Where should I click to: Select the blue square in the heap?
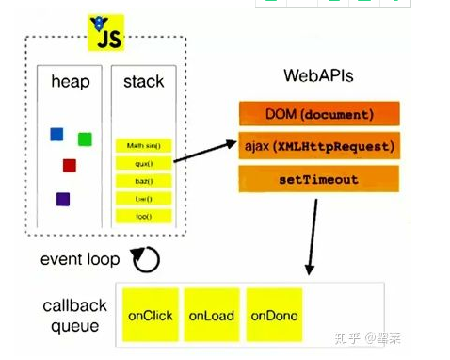[56, 134]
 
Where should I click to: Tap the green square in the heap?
[85, 139]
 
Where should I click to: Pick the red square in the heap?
[69, 166]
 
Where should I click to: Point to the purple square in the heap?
[62, 199]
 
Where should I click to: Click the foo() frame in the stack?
[144, 216]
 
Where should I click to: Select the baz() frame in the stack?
[144, 180]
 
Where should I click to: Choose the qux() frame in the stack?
[144, 163]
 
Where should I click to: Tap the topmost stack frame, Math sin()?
[144, 145]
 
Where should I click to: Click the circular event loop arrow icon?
[145, 258]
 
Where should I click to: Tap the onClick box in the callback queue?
[150, 316]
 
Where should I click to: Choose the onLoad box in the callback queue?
[211, 316]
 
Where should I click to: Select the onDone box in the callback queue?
[273, 316]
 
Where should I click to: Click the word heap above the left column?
[71, 83]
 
